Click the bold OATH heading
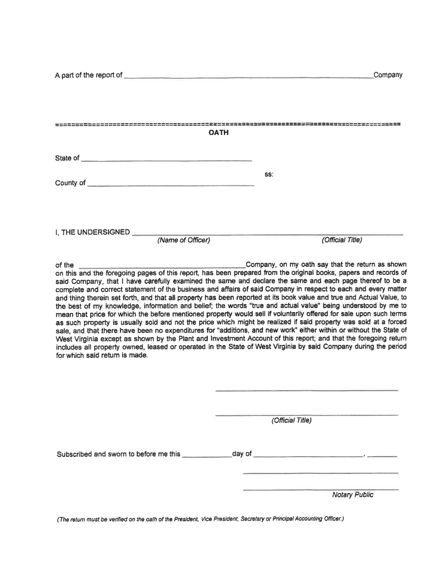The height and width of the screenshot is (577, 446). pyautogui.click(x=218, y=133)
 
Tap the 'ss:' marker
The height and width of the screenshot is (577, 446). pyautogui.click(x=269, y=175)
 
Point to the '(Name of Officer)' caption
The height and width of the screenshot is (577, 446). pyautogui.click(x=184, y=241)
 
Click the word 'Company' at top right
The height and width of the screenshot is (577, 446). pyautogui.click(x=388, y=75)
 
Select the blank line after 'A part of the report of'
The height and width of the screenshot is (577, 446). pyautogui.click(x=248, y=76)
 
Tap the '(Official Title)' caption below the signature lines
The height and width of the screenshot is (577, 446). pyautogui.click(x=291, y=420)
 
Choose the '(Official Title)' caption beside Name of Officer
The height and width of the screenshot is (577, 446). pyautogui.click(x=342, y=241)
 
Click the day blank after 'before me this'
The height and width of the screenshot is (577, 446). pyautogui.click(x=207, y=455)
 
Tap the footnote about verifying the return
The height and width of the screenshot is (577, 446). pyautogui.click(x=200, y=519)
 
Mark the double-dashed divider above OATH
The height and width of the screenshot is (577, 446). pyautogui.click(x=228, y=125)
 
